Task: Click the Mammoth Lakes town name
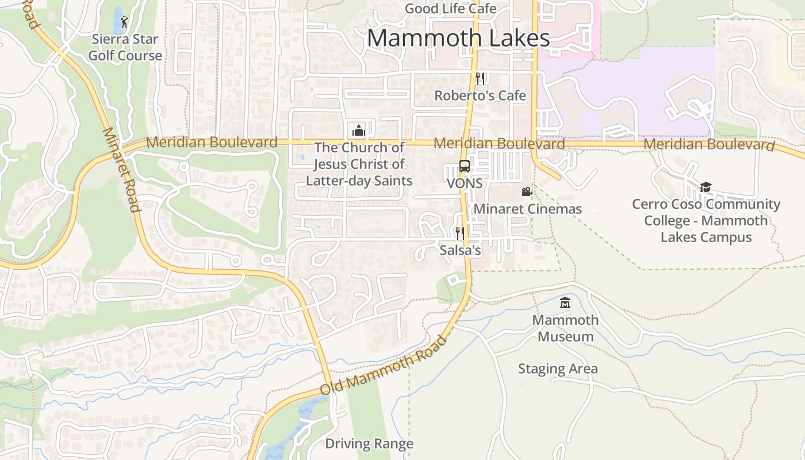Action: [458, 38]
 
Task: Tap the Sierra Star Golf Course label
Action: [126, 48]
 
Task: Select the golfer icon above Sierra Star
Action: [125, 22]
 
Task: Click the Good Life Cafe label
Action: [450, 9]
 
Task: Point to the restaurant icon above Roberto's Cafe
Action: [480, 79]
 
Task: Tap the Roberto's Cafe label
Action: [480, 95]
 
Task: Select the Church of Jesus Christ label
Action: [359, 164]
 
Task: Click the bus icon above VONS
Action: [465, 167]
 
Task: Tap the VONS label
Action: [465, 184]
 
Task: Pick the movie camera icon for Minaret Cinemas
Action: [527, 192]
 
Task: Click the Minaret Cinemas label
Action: [527, 209]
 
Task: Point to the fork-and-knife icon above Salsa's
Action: [459, 233]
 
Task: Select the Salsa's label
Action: [460, 250]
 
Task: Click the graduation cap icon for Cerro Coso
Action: [706, 187]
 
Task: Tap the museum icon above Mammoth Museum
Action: [565, 302]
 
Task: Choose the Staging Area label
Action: [558, 369]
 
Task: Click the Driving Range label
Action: [369, 443]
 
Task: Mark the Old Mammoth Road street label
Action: [384, 366]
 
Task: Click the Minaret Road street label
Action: [121, 170]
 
